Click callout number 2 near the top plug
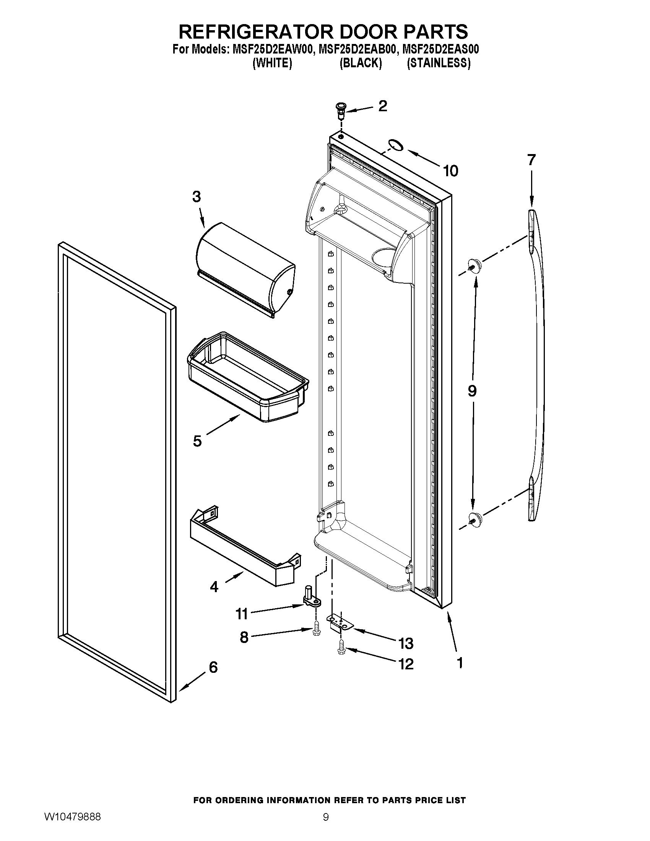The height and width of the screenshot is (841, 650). (382, 106)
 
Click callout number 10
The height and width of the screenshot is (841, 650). (450, 170)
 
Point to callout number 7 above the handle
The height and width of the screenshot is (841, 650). (531, 159)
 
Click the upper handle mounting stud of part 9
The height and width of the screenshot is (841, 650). (474, 265)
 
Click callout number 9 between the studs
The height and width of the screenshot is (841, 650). (472, 391)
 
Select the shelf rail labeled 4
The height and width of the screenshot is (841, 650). (242, 547)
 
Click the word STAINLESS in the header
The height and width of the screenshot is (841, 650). (439, 63)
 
